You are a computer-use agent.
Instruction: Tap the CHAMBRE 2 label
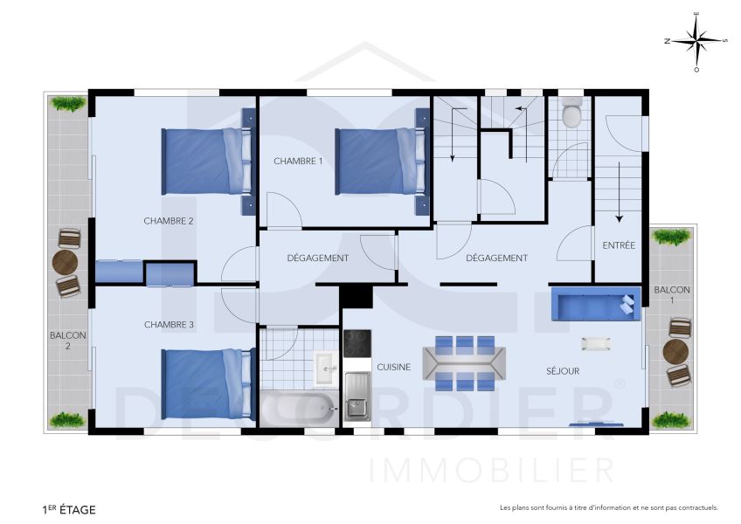(169, 221)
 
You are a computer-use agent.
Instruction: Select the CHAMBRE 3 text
(169, 325)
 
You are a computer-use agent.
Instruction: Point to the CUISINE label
(393, 368)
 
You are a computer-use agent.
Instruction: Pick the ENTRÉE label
(619, 246)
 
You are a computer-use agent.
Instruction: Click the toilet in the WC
(572, 114)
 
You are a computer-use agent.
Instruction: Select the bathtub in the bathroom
(297, 408)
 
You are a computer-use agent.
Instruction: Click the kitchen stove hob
(357, 345)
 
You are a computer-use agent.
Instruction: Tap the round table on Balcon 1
(675, 351)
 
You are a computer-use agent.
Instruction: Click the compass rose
(696, 40)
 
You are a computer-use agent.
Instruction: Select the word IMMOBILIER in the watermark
(492, 470)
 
